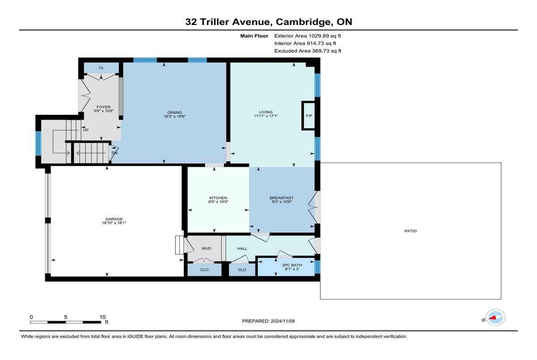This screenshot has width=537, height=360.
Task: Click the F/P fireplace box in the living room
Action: coord(309,116)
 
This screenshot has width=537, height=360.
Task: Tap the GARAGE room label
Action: coord(114,219)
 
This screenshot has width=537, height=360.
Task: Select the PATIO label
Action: coord(410,231)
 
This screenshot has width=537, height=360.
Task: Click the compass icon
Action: coord(495,318)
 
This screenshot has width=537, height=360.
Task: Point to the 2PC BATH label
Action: coord(292,265)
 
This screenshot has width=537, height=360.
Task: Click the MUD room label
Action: coord(206,248)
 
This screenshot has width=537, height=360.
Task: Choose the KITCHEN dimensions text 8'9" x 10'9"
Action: coord(218,202)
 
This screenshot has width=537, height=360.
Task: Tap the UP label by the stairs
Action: coord(86,130)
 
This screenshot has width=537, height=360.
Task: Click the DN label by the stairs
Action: coord(115,153)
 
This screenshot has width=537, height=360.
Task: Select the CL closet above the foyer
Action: coord(102,68)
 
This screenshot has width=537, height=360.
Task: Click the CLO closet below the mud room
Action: coord(204,270)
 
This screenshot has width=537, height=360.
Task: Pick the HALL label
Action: coord(242,249)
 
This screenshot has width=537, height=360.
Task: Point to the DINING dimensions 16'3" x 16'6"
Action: coord(175,116)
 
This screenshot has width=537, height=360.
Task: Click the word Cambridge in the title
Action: coord(303,22)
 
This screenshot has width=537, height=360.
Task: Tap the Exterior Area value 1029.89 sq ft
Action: coord(324,36)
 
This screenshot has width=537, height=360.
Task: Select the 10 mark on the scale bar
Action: coord(102,317)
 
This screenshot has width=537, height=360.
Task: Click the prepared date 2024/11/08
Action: coord(283,321)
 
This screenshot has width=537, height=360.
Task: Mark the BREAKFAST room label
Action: coord(281,198)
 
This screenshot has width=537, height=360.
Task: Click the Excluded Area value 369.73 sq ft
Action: coord(327,51)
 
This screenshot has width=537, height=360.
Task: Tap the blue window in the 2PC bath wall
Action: coord(317,267)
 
